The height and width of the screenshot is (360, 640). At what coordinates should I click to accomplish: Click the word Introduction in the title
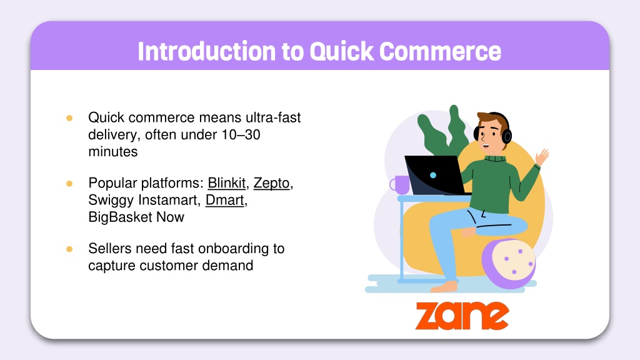[207, 51]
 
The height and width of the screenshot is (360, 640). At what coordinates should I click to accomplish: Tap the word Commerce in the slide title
[440, 51]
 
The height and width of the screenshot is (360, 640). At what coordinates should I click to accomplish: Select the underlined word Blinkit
[226, 183]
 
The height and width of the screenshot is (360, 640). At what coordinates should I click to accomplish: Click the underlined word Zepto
[271, 184]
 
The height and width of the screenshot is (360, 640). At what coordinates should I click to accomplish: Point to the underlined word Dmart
[224, 201]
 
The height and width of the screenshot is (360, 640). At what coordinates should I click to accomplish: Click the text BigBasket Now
[136, 217]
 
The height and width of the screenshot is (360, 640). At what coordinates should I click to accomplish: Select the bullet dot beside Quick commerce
[69, 118]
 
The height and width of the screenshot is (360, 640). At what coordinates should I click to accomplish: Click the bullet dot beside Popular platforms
[69, 184]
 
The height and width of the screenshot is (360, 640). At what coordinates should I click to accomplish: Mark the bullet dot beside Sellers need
[69, 249]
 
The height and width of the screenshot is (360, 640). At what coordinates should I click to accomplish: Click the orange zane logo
[462, 315]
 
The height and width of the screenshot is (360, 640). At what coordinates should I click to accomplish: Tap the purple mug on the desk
[401, 185]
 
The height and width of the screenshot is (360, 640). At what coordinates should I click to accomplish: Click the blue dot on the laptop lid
[433, 175]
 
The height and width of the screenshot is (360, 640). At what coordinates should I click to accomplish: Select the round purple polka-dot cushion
[509, 263]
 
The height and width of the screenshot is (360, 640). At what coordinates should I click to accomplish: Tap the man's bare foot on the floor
[444, 286]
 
